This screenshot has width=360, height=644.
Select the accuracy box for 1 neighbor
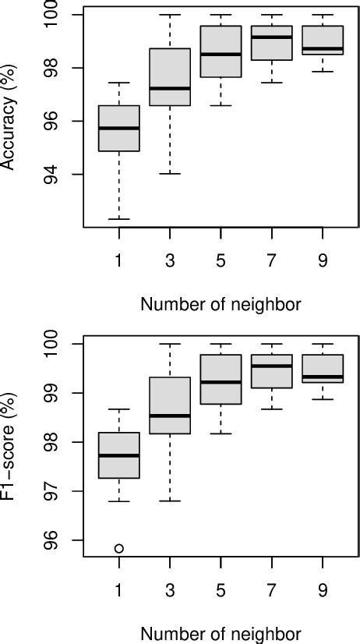click(118, 128)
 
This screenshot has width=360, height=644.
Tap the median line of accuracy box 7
click(271, 37)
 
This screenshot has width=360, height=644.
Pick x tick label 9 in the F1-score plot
click(322, 590)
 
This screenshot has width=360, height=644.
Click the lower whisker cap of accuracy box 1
click(118, 219)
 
